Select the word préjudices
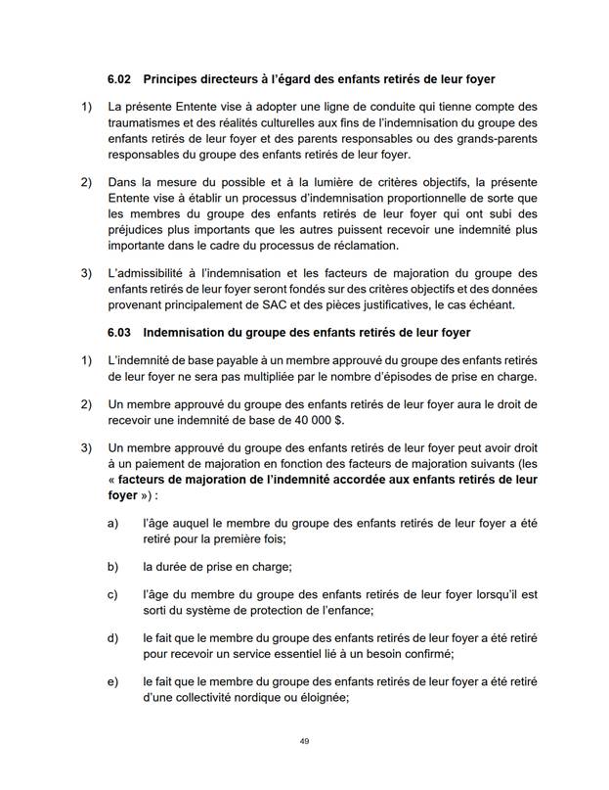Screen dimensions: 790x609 (x=141, y=230)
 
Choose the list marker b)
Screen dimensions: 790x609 (x=112, y=566)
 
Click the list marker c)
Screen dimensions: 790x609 (x=112, y=593)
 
